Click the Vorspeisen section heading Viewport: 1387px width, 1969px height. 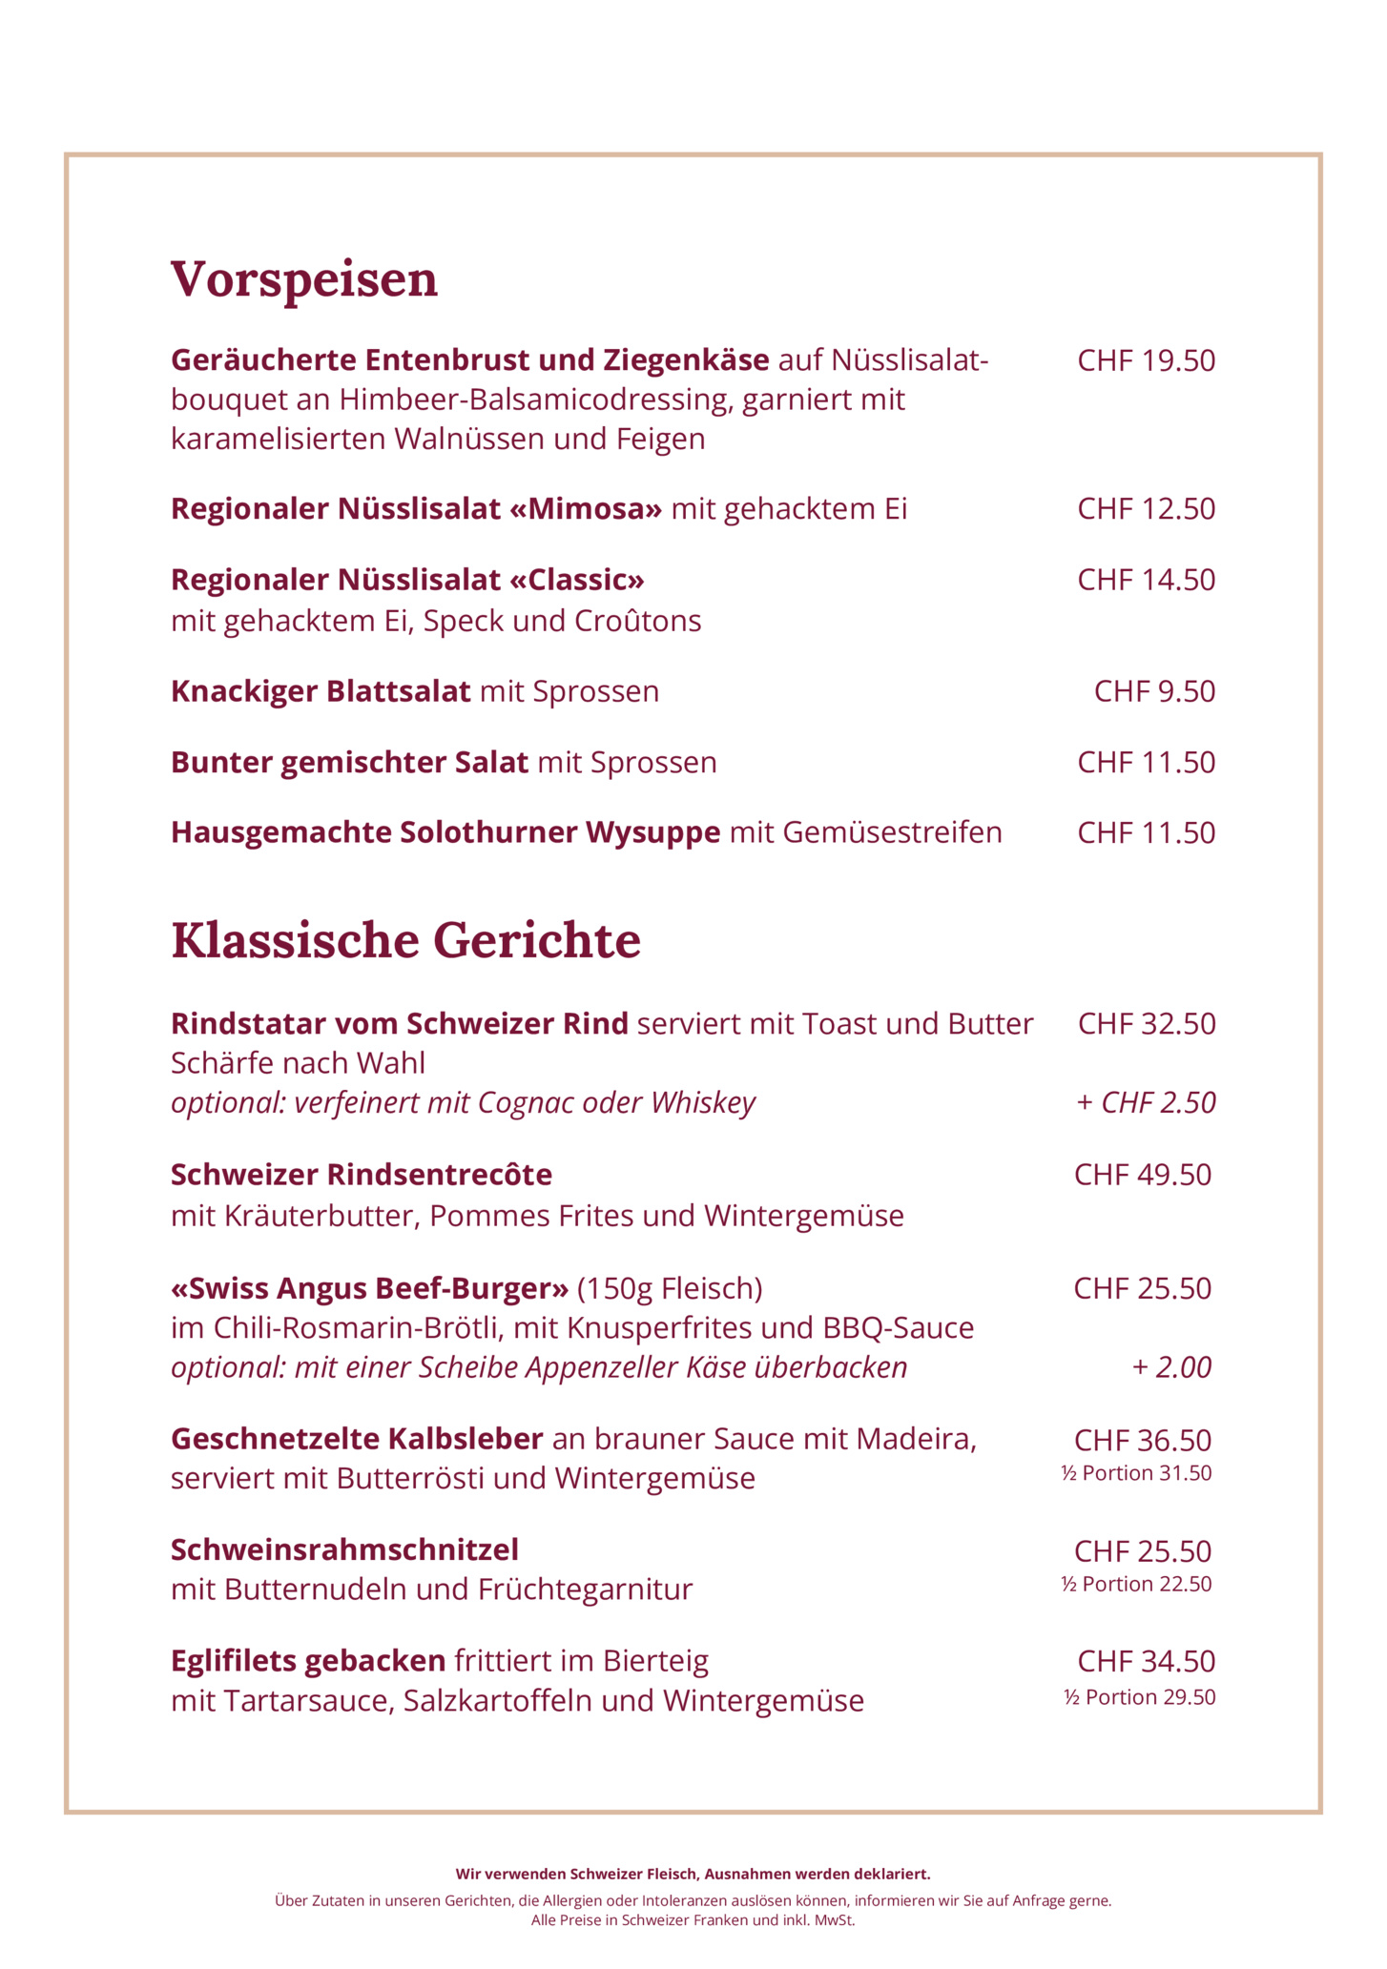point(304,279)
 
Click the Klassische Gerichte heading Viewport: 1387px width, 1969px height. point(405,940)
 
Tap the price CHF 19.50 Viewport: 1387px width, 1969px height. point(1146,360)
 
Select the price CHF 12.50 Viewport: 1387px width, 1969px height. point(1146,508)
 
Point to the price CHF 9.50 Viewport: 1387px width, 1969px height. point(1154,690)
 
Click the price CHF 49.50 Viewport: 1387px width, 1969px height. point(1142,1174)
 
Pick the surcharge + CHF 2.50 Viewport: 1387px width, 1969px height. point(1146,1102)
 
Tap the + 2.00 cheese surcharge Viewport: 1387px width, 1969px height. point(1171,1367)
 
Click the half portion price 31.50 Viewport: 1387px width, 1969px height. point(1136,1473)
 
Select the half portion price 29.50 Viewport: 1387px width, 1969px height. point(1139,1697)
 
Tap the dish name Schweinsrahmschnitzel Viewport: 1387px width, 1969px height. point(344,1549)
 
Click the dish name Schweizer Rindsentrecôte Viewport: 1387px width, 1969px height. point(361,1174)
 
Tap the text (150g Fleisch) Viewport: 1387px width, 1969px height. point(670,1288)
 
